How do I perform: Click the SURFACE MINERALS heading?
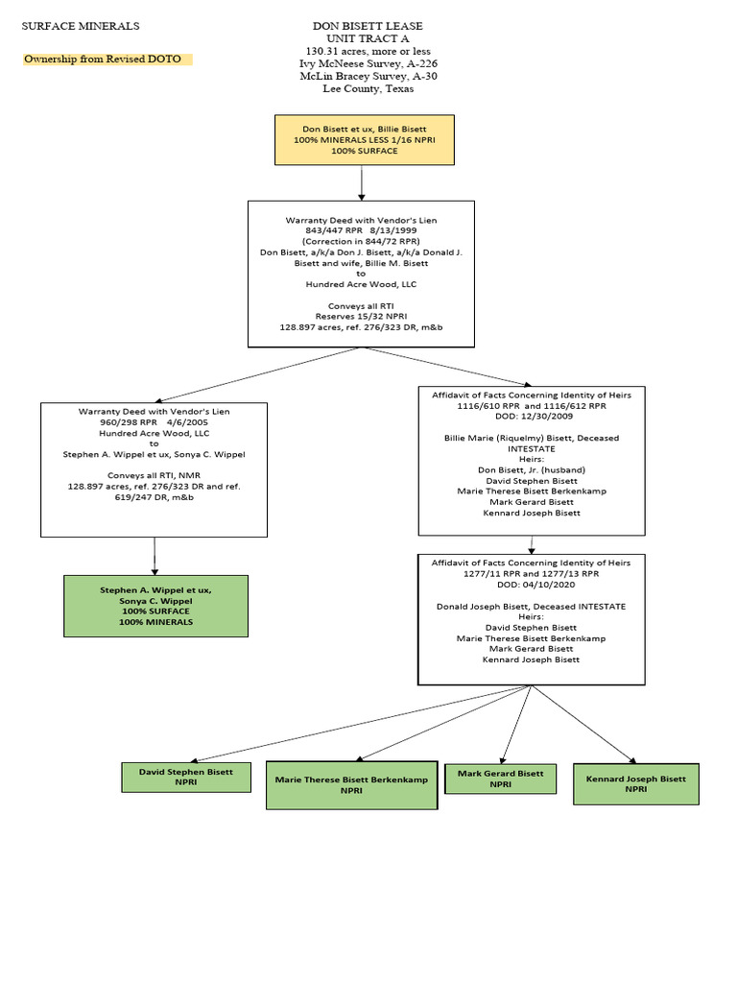(x=81, y=26)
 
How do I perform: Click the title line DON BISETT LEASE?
(x=368, y=26)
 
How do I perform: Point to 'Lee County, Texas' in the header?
(x=368, y=89)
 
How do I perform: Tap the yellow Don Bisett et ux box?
(x=364, y=140)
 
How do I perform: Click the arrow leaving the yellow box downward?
(x=362, y=182)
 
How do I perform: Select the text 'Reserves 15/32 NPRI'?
(x=361, y=316)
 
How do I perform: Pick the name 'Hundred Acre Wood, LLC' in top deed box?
(x=361, y=284)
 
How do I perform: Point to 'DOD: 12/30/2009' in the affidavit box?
(x=531, y=417)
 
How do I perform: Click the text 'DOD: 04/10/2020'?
(x=531, y=585)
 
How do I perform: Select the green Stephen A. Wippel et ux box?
(x=155, y=606)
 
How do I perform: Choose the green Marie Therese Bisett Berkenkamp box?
(x=345, y=786)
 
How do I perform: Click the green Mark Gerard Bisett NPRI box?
(x=500, y=779)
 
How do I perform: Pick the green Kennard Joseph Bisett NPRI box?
(x=635, y=783)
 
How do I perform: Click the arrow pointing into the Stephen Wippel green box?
(x=155, y=556)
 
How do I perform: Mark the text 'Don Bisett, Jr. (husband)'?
(x=531, y=470)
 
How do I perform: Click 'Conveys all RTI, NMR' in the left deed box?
(x=154, y=475)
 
